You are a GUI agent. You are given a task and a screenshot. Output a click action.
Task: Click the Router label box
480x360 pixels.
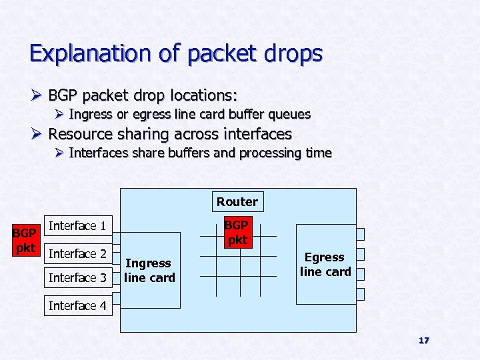coord(237,201)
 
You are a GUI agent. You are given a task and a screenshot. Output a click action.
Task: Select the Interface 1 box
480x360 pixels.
coord(77,226)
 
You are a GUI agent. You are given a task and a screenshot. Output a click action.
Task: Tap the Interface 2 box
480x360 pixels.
coord(77,254)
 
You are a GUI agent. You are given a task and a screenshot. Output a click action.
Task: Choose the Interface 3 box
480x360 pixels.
coord(77,277)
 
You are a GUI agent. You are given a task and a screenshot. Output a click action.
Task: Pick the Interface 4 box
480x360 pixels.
coord(77,305)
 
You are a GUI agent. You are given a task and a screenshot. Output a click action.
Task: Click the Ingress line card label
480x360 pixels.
coord(149,270)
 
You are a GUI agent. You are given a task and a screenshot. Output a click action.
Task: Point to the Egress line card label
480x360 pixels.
coord(325,264)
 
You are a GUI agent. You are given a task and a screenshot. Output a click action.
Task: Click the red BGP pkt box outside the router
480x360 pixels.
coord(25,241)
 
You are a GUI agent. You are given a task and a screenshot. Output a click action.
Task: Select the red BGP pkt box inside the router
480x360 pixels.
coord(237,231)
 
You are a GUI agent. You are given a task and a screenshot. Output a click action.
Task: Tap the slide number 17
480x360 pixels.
coord(423,341)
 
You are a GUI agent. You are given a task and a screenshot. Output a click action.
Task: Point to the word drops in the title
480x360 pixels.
coord(291,53)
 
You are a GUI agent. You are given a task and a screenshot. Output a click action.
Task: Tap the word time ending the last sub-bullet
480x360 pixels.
coord(318,153)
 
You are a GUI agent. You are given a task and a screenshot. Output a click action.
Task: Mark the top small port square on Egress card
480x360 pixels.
coord(360,234)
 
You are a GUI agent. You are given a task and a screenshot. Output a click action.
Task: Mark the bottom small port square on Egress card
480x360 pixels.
coord(360,294)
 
